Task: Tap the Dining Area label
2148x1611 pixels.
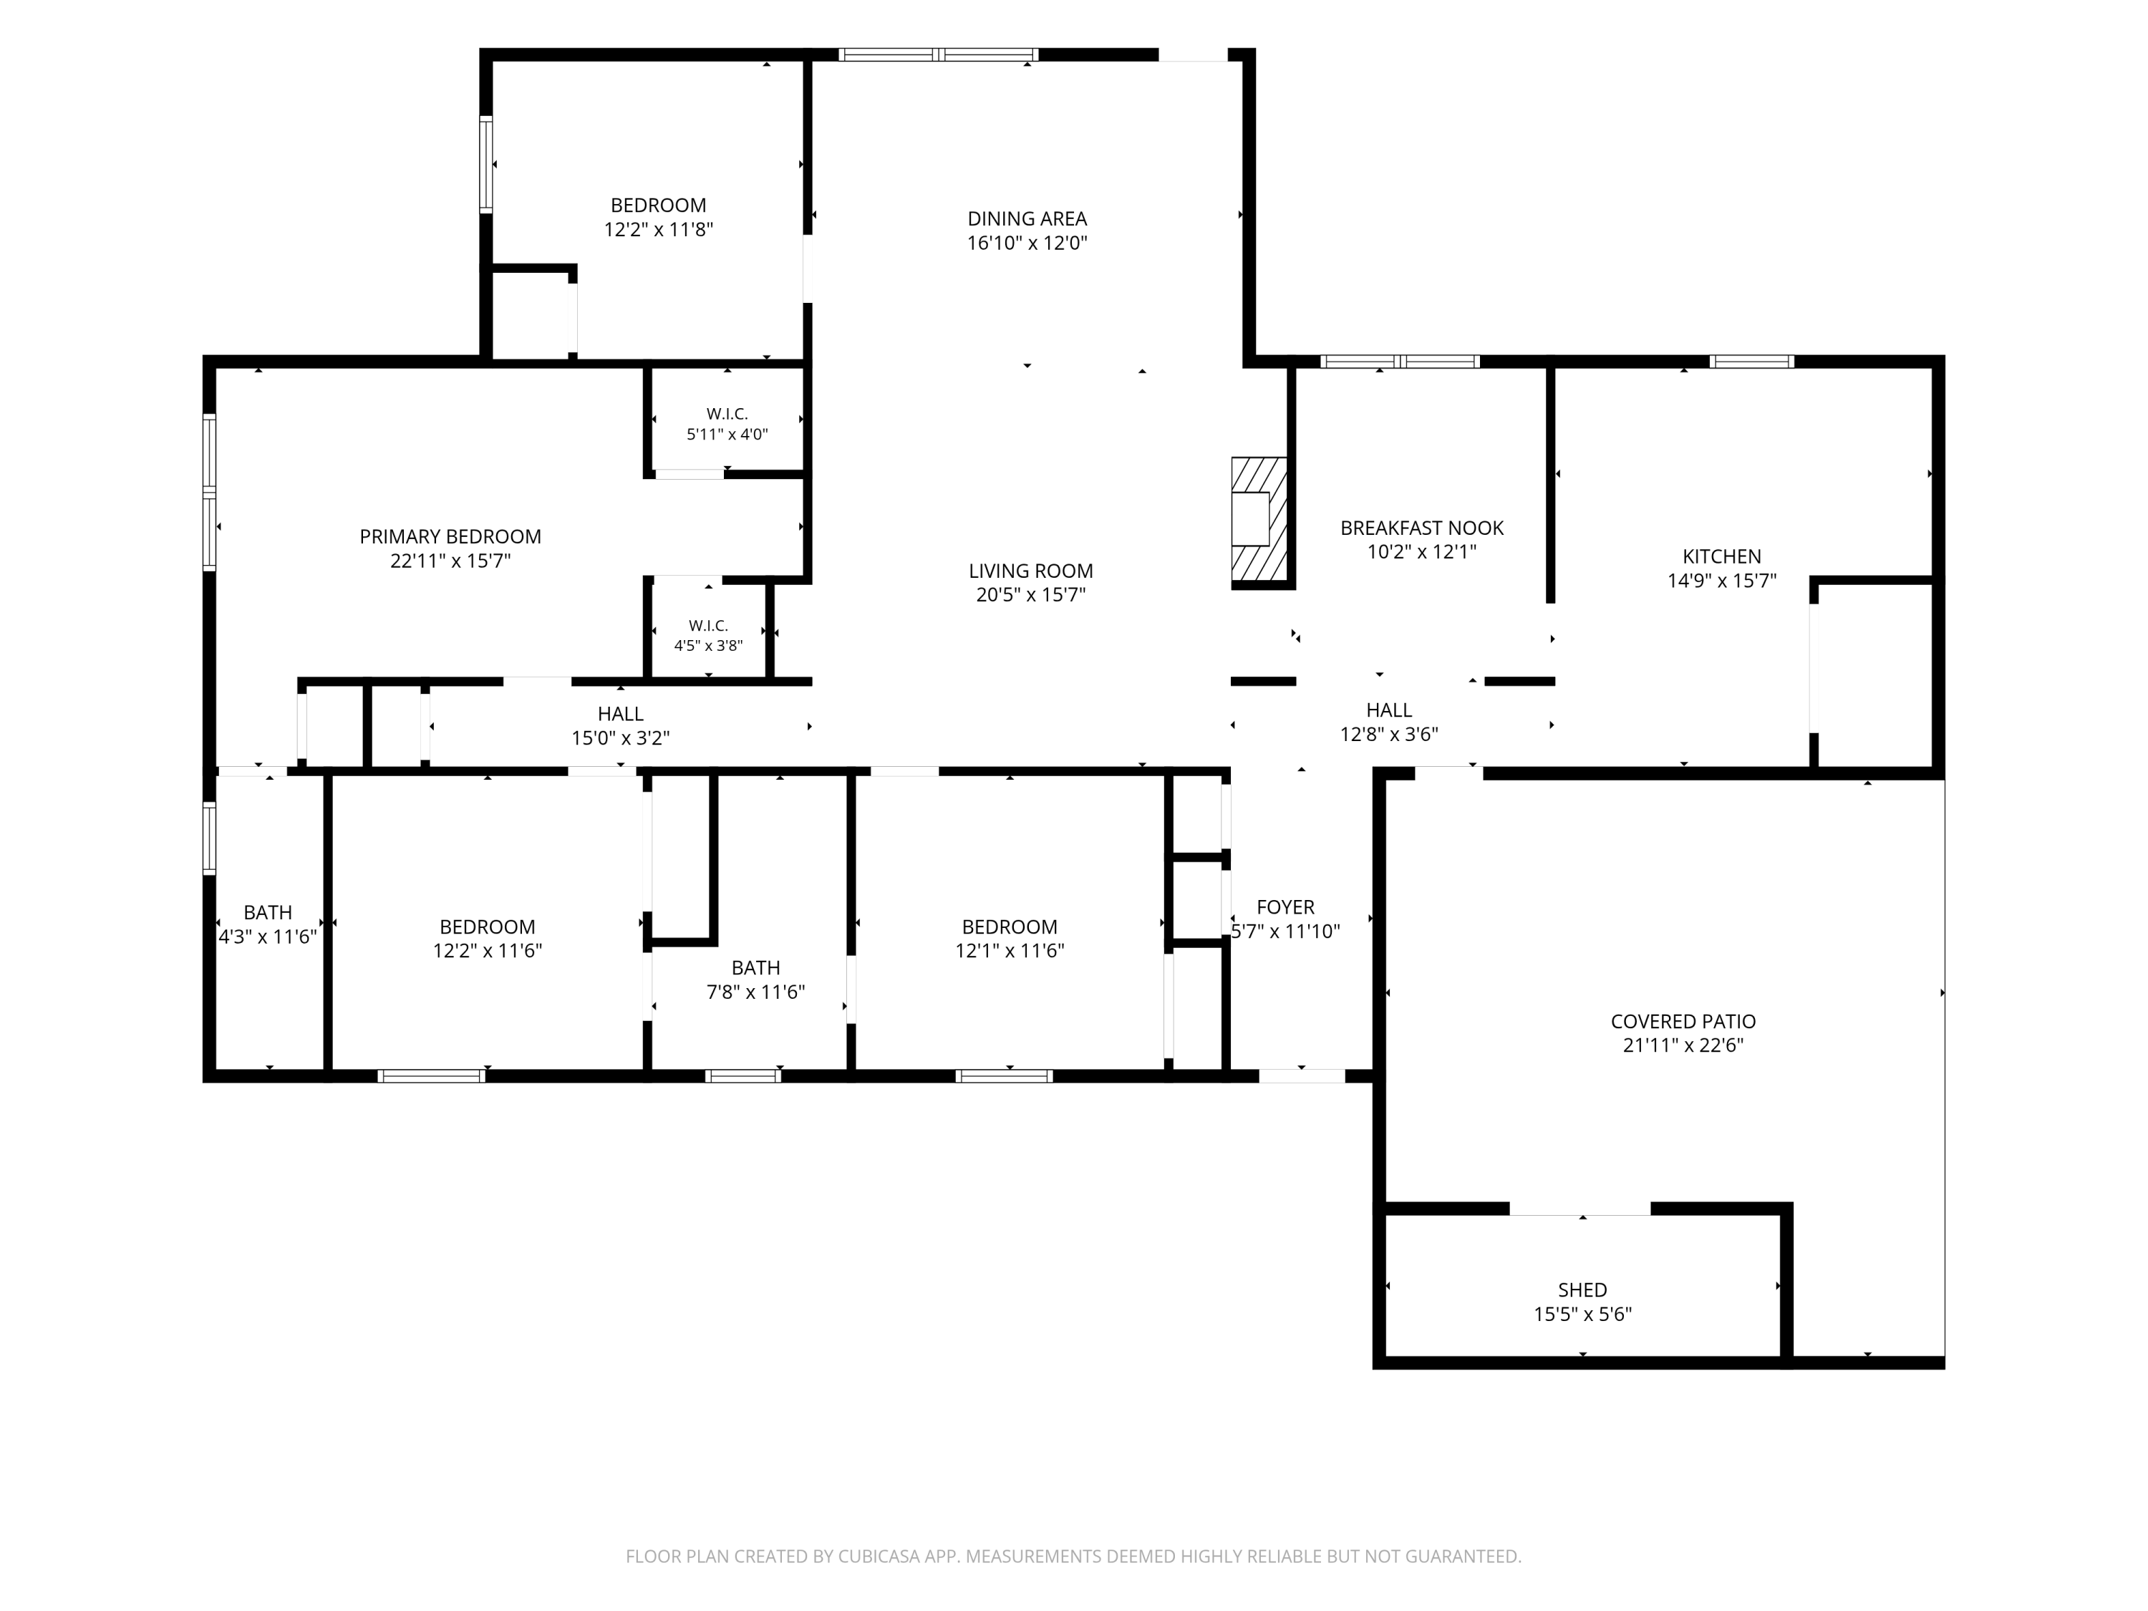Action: [x=1027, y=218]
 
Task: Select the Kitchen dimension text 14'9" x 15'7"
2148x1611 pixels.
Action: [x=1722, y=581]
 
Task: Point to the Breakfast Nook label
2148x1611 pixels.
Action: [x=1422, y=528]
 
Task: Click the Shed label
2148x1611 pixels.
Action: [x=1582, y=1290]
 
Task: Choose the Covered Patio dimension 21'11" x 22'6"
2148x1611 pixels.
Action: [x=1683, y=1045]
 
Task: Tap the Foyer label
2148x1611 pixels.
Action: [x=1286, y=907]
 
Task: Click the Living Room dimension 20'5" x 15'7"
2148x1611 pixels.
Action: [x=1030, y=594]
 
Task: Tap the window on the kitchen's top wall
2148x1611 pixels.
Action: [x=1752, y=362]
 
